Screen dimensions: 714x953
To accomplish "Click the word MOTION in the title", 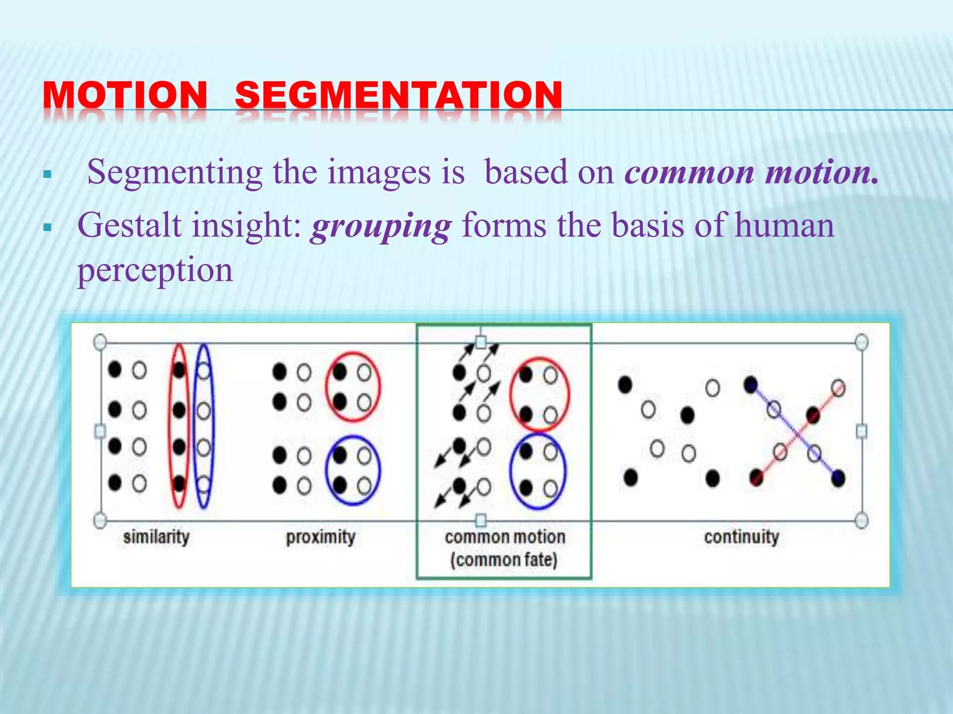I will point(125,95).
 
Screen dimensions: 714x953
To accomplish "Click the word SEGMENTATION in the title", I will point(399,95).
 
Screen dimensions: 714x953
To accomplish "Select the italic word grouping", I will point(381,226).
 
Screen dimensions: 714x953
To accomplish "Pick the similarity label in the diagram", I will point(156,537).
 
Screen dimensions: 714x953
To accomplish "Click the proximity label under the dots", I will point(321,537).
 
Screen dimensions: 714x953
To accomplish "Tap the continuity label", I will point(741,537).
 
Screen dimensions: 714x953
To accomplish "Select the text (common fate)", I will point(504,560).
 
